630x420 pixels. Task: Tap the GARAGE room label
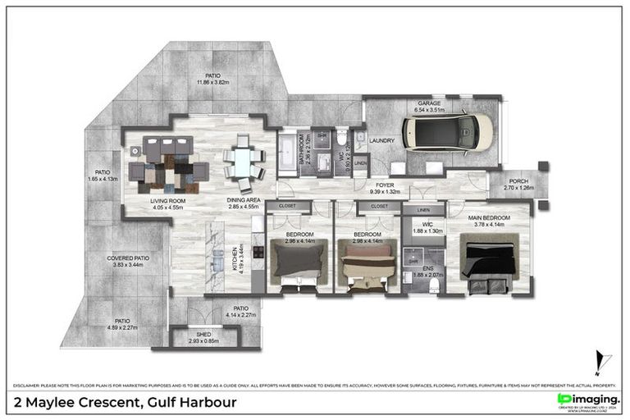(430, 103)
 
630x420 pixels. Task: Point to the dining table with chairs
(244, 161)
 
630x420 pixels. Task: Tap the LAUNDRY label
(382, 140)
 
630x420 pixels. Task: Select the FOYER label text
(385, 185)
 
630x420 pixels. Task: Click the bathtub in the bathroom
(288, 155)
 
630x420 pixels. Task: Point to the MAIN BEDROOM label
(491, 217)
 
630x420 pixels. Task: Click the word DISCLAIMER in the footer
(30, 384)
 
